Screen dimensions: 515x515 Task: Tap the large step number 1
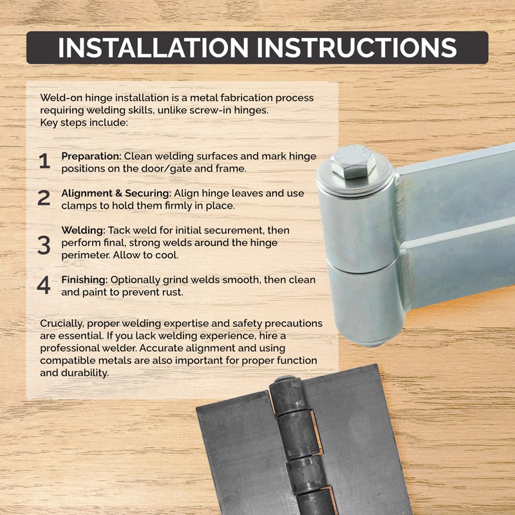point(44,162)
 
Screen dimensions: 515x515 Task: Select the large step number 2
point(44,198)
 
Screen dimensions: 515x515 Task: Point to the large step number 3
point(44,245)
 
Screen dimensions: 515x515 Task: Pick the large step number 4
point(44,286)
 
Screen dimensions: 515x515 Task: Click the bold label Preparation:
point(91,156)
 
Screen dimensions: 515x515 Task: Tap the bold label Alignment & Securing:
point(116,193)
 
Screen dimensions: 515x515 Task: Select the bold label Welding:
point(83,230)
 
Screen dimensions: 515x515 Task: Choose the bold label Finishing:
point(85,280)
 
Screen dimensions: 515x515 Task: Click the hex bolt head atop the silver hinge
point(353,162)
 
